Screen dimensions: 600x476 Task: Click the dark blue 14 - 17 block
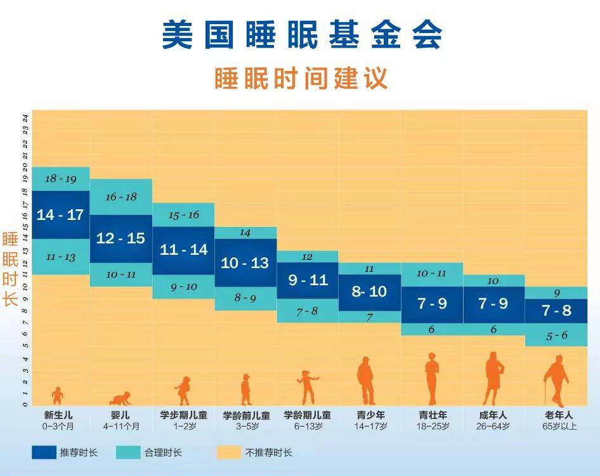tap(61, 214)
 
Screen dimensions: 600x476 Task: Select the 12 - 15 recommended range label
tap(121, 238)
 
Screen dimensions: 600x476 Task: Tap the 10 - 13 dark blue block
tap(245, 262)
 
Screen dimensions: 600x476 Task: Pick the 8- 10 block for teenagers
tap(370, 292)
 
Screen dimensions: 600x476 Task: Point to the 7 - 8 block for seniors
tap(556, 311)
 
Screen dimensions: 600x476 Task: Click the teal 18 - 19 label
tap(61, 179)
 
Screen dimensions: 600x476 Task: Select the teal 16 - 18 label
tap(121, 197)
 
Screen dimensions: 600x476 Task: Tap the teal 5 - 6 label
tap(557, 336)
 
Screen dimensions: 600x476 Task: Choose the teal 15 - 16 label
tap(184, 215)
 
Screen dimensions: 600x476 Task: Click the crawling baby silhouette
tap(121, 399)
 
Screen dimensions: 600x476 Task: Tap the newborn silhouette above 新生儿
tap(57, 396)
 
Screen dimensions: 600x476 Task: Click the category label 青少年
tap(370, 415)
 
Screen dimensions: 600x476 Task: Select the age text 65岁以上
tap(559, 427)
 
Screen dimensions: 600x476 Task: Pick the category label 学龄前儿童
tap(247, 415)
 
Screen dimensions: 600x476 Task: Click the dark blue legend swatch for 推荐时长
tap(44, 453)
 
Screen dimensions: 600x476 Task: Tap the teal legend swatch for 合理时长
tap(128, 453)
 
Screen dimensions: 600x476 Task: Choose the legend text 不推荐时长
tap(269, 453)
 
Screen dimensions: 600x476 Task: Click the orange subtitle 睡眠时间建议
tap(301, 79)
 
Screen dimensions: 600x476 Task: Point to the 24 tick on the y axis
tap(25, 118)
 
